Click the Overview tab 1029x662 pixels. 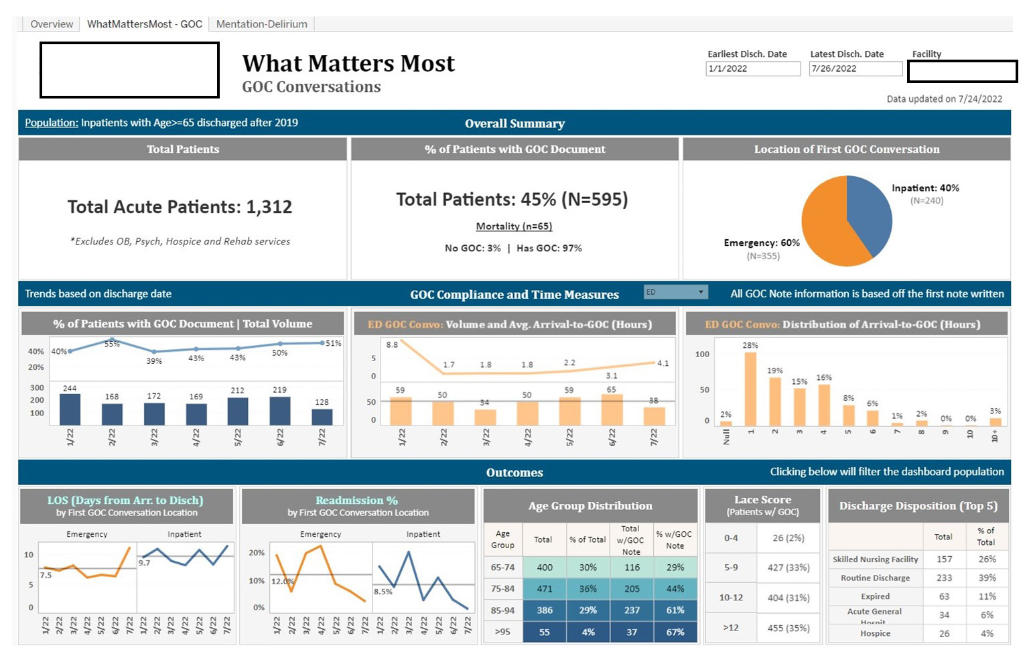(52, 24)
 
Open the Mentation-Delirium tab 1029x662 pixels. (261, 24)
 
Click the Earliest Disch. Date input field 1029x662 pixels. (753, 68)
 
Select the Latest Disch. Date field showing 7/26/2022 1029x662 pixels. (855, 68)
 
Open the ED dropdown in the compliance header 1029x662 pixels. (675, 292)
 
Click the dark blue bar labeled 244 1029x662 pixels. (70, 409)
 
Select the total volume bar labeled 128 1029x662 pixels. (322, 417)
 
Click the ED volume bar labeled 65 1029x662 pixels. (612, 410)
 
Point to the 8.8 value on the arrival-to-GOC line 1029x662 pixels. (392, 344)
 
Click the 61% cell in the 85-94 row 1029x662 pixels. (675, 610)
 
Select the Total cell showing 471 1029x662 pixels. (545, 589)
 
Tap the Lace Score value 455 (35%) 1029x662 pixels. (788, 628)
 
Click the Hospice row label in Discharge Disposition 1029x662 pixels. (875, 633)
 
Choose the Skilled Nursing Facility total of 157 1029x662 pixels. (944, 559)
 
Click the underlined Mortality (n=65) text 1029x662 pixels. (514, 226)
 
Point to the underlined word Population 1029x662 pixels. (51, 123)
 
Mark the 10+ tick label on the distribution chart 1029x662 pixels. (994, 436)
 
